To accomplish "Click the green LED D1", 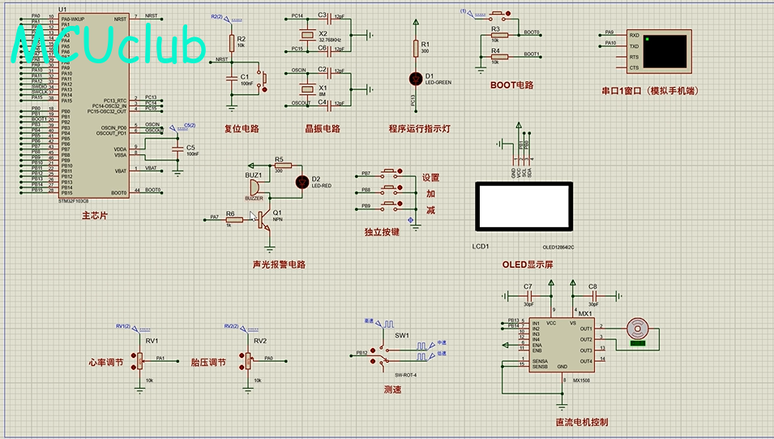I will click(417, 76).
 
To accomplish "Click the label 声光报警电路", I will click(279, 265).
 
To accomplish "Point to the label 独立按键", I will click(382, 232).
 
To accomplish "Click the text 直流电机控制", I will click(581, 422).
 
